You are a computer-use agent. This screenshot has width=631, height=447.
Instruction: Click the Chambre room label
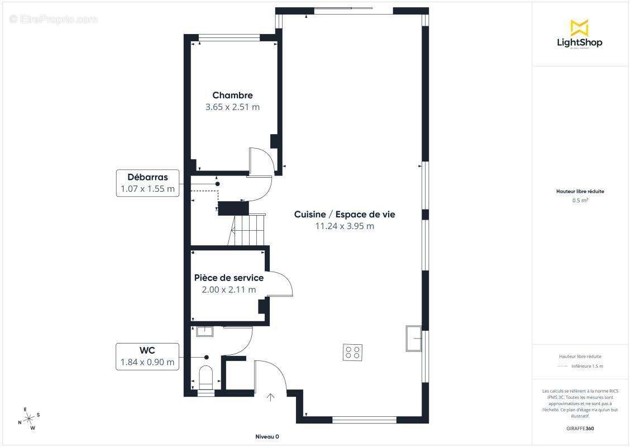(232, 96)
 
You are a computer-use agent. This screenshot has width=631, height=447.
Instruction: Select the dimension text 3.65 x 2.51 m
(232, 107)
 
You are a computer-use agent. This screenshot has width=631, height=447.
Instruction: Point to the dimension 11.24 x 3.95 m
(345, 226)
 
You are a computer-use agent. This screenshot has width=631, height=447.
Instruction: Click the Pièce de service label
(229, 278)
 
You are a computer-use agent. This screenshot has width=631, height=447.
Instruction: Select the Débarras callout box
(148, 183)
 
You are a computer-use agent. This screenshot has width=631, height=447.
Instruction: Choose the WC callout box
(147, 356)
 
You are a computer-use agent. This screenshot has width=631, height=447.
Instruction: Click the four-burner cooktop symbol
(353, 352)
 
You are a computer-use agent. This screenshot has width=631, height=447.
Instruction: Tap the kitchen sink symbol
(414, 339)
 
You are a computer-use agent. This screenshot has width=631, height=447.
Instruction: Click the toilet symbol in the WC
(205, 378)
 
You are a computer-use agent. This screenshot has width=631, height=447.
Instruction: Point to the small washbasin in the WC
(204, 331)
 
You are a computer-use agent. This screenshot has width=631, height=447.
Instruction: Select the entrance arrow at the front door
(271, 397)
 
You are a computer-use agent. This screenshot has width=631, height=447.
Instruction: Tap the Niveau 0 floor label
(267, 436)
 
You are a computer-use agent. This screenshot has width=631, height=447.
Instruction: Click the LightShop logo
(580, 35)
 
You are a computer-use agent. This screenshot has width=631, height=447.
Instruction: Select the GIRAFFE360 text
(580, 427)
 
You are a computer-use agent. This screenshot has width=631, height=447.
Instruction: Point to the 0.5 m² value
(580, 200)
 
